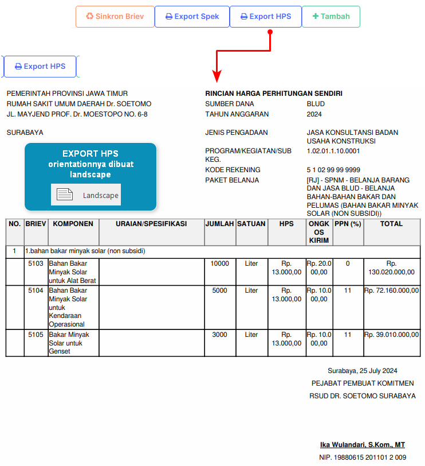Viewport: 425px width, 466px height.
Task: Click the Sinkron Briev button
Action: click(115, 17)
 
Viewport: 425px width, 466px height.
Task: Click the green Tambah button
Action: click(331, 17)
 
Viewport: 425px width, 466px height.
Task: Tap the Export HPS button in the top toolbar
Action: click(265, 17)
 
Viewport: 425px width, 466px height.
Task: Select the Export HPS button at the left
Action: click(40, 67)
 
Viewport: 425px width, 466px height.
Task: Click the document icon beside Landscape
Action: click(65, 195)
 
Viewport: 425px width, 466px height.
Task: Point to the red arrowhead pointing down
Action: click(217, 76)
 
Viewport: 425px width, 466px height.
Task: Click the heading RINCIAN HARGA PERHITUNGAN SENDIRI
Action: click(274, 94)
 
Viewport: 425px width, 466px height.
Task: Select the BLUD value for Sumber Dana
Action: click(316, 104)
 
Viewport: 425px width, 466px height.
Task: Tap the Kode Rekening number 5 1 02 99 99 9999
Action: click(333, 170)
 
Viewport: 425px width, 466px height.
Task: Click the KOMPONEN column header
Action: click(73, 224)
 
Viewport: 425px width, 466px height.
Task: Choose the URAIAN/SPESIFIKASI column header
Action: click(151, 224)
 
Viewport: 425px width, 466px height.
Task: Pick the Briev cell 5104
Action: click(36, 290)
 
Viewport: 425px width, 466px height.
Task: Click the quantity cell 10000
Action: click(219, 264)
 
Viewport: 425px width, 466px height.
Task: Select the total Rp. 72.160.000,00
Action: click(392, 290)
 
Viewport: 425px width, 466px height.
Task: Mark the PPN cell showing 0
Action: click(348, 264)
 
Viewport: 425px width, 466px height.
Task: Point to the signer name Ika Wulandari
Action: click(362, 445)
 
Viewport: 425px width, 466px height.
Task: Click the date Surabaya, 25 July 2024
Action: click(362, 371)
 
